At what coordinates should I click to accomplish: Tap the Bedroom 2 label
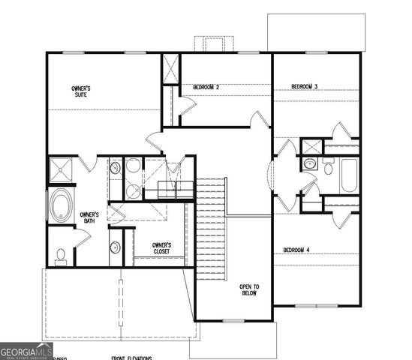206,88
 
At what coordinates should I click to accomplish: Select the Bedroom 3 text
305,88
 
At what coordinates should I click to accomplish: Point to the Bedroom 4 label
296,250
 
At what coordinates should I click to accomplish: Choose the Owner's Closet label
161,248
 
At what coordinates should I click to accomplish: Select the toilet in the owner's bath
61,255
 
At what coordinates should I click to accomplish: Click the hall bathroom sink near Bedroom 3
310,163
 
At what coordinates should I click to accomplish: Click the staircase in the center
212,229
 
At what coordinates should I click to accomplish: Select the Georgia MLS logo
26,350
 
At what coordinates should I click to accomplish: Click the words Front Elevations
131,358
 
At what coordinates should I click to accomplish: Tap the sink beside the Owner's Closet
115,247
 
